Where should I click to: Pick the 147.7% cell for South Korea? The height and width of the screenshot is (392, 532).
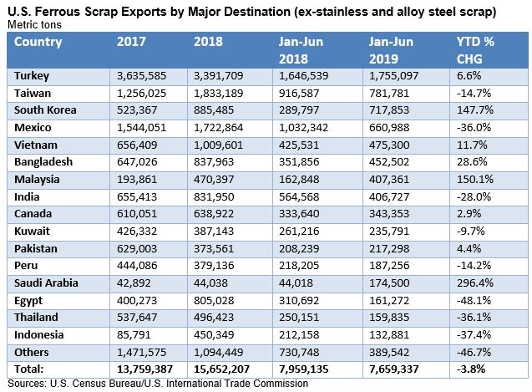tap(475, 109)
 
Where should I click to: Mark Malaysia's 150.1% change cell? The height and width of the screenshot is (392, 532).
tap(475, 178)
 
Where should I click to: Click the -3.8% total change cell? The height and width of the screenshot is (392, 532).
tap(473, 369)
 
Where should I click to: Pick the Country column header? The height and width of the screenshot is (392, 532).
tap(38, 42)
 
